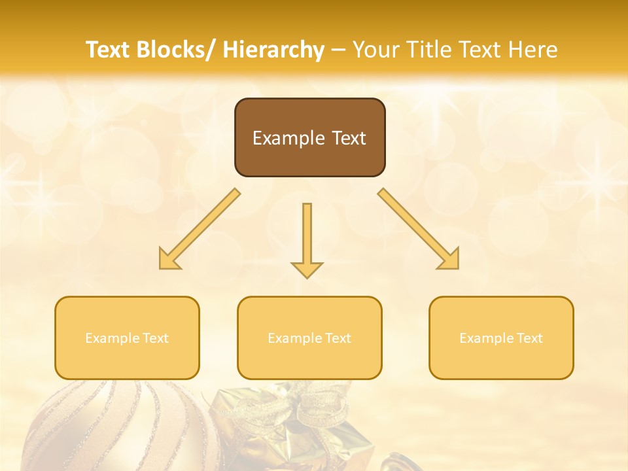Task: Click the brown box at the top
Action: (x=309, y=137)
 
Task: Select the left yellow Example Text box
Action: (x=127, y=338)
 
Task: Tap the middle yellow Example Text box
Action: (x=309, y=338)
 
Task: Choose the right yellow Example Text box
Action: (x=501, y=338)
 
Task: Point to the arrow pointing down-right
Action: (x=418, y=228)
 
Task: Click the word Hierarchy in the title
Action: (x=273, y=50)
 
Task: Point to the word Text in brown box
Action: (x=349, y=138)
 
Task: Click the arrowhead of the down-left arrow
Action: (x=169, y=260)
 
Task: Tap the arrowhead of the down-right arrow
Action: (x=449, y=260)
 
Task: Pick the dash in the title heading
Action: (x=338, y=50)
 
